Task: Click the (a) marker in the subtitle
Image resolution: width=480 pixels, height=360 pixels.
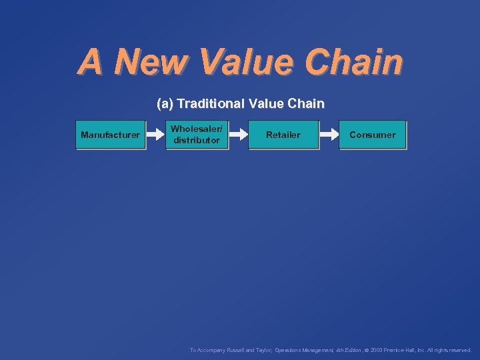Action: (165, 104)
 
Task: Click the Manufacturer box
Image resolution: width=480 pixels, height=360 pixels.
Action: (110, 135)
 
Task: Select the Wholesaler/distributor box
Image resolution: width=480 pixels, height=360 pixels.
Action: (197, 135)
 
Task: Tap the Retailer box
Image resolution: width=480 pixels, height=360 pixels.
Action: (283, 135)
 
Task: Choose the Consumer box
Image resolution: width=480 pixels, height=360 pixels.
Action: (372, 135)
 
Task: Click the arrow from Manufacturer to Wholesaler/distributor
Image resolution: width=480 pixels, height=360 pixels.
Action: (155, 135)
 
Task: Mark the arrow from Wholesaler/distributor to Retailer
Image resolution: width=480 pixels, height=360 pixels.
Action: (239, 135)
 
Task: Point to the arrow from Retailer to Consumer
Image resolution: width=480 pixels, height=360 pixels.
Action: (329, 135)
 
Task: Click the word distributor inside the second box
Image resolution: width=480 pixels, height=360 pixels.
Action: (197, 141)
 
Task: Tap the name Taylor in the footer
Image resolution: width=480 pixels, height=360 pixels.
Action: (264, 349)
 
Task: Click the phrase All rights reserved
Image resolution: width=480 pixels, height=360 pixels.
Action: (452, 349)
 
